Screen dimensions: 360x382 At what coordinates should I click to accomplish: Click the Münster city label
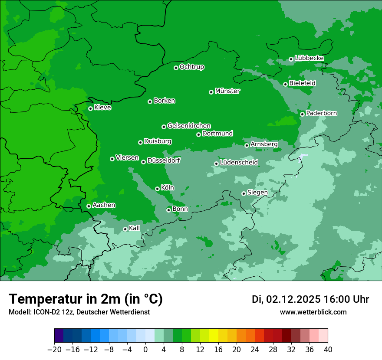click(227, 91)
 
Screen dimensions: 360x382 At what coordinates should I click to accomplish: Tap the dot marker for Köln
click(157, 189)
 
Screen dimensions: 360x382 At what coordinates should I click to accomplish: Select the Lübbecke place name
click(309, 58)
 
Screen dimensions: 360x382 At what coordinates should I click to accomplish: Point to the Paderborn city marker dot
click(302, 114)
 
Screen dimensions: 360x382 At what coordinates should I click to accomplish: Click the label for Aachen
click(104, 205)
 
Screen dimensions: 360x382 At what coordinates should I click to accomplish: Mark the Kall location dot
click(125, 229)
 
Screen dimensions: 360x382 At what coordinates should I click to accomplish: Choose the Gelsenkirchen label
click(189, 126)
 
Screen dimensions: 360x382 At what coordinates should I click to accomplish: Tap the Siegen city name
click(257, 193)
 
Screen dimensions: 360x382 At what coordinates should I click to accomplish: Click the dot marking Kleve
click(90, 108)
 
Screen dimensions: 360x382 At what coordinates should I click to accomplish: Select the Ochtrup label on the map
click(192, 67)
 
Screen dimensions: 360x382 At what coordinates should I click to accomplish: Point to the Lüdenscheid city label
click(239, 163)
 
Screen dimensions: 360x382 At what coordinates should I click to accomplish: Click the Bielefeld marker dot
click(285, 84)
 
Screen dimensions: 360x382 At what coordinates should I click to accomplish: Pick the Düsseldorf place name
click(164, 160)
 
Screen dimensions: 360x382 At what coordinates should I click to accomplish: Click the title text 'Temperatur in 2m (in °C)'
click(86, 299)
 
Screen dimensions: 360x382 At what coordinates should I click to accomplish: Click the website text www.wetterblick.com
click(313, 312)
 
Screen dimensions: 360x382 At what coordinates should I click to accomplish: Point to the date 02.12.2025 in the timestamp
click(293, 299)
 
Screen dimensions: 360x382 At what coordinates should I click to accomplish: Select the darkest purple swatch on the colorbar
click(59, 336)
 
